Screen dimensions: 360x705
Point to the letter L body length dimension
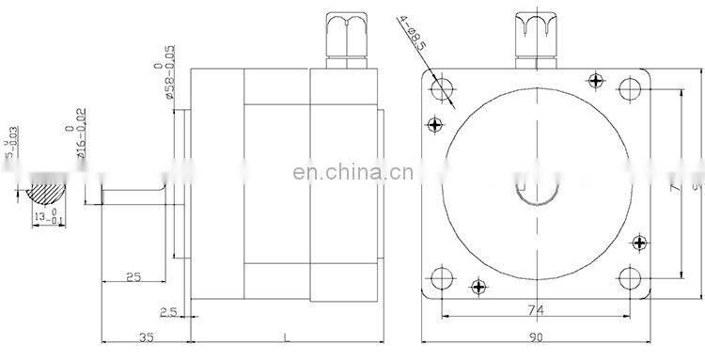point(283,334)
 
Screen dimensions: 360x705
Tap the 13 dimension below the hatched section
point(44,217)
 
